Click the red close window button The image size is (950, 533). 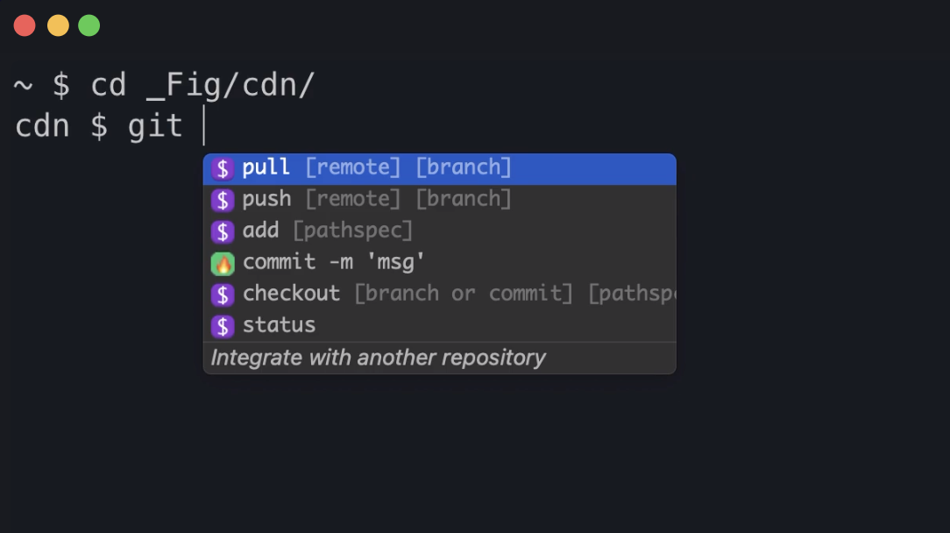pos(25,25)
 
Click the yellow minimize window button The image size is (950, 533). pos(58,25)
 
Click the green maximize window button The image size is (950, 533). pos(89,25)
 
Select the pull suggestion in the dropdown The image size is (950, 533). pos(266,167)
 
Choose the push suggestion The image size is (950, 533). pos(266,199)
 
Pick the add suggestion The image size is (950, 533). pos(260,231)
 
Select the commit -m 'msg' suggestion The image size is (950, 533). pos(333,262)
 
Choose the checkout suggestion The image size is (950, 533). pos(291,294)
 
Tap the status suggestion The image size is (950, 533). pos(279,325)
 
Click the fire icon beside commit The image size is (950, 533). pos(223,263)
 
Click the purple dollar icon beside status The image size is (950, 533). pos(223,326)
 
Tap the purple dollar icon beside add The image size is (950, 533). pos(223,231)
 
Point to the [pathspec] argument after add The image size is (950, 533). pos(352,231)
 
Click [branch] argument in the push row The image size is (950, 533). pos(463,199)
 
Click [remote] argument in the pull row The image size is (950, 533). pos(352,167)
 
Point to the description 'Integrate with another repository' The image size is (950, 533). pos(378,358)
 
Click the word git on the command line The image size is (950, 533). pos(155,126)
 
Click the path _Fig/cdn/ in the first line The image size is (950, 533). pos(230,86)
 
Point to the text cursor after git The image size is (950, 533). pos(203,126)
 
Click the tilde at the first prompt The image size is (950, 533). pos(24,86)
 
